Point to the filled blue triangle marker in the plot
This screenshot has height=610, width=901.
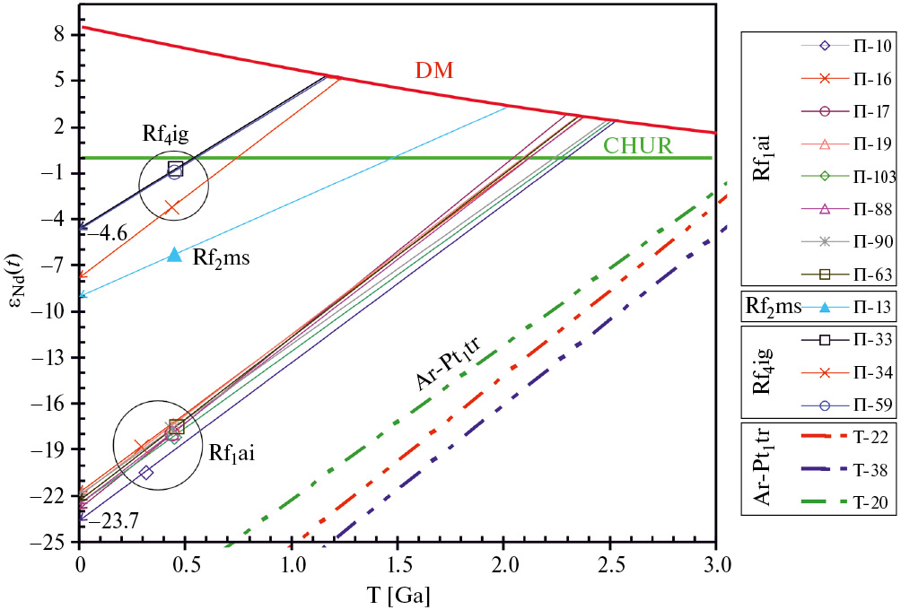pos(174,255)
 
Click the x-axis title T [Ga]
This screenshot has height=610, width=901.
pos(398,593)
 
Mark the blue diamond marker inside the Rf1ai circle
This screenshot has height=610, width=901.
pos(146,473)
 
